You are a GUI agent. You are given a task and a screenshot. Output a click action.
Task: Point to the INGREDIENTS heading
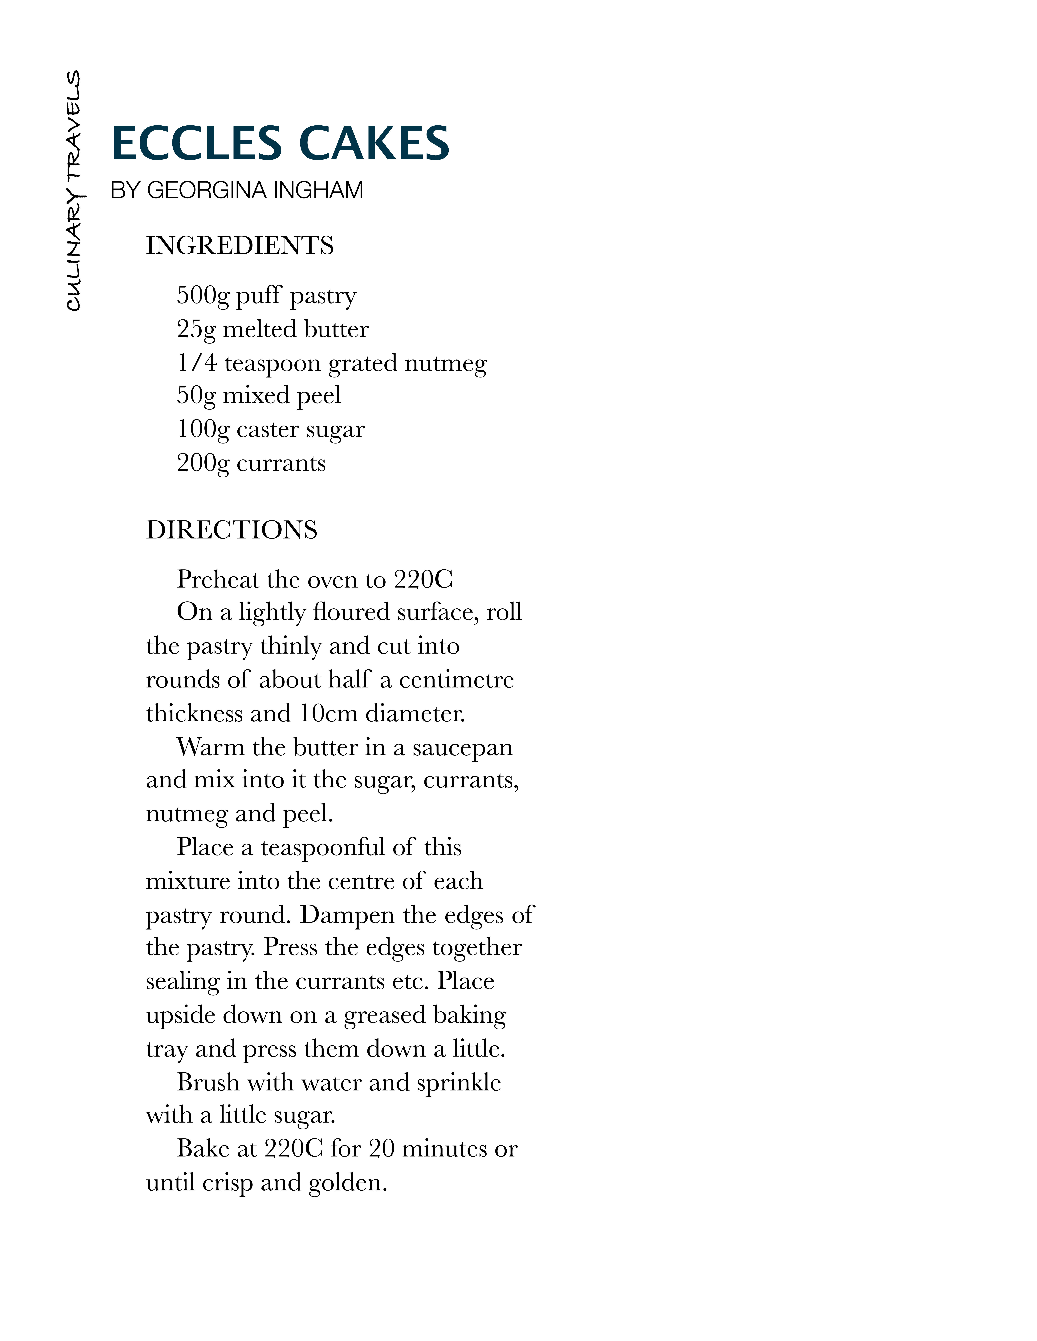coord(240,246)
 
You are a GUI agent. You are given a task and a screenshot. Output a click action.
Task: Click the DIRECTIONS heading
coord(232,530)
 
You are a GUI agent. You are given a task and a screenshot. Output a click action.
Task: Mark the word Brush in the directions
coord(208,1082)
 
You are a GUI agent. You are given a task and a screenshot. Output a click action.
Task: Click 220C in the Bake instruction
coord(293,1149)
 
